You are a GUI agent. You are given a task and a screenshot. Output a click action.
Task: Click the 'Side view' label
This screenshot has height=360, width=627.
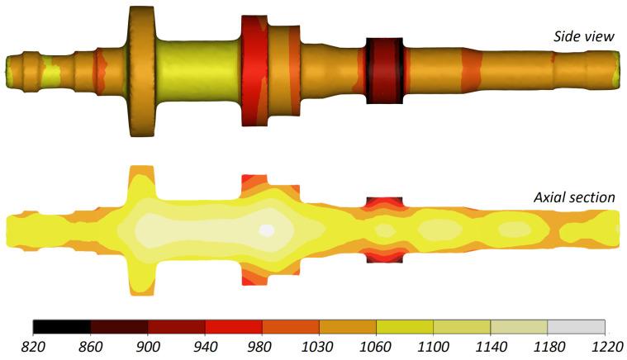point(585,37)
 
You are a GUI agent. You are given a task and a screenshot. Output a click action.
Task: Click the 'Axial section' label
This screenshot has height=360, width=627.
point(575,197)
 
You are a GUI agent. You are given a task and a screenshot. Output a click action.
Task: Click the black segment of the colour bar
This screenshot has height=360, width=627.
point(61,326)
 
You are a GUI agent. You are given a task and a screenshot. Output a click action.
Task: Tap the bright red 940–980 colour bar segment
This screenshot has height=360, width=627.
point(233,326)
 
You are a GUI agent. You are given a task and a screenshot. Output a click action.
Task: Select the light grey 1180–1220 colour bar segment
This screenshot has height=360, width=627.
point(577,326)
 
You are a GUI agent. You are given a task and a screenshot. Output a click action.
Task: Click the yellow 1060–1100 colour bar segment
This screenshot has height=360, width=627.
point(405,326)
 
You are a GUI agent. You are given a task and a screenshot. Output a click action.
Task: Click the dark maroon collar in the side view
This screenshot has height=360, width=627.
point(384,70)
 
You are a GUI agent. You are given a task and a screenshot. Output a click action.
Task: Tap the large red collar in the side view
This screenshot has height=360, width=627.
point(254,70)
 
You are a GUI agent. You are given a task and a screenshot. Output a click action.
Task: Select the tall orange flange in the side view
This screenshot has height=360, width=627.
point(141,70)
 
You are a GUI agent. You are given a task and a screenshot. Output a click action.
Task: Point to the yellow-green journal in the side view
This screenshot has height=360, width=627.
point(198,70)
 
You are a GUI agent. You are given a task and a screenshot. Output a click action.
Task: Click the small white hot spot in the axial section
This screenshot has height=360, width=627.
point(266,230)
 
